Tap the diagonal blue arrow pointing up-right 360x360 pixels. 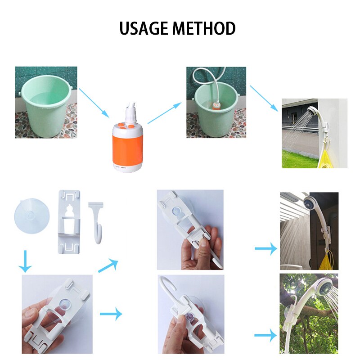tap(108, 266)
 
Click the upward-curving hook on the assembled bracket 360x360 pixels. tap(170, 288)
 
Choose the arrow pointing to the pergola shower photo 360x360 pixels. tap(265, 248)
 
